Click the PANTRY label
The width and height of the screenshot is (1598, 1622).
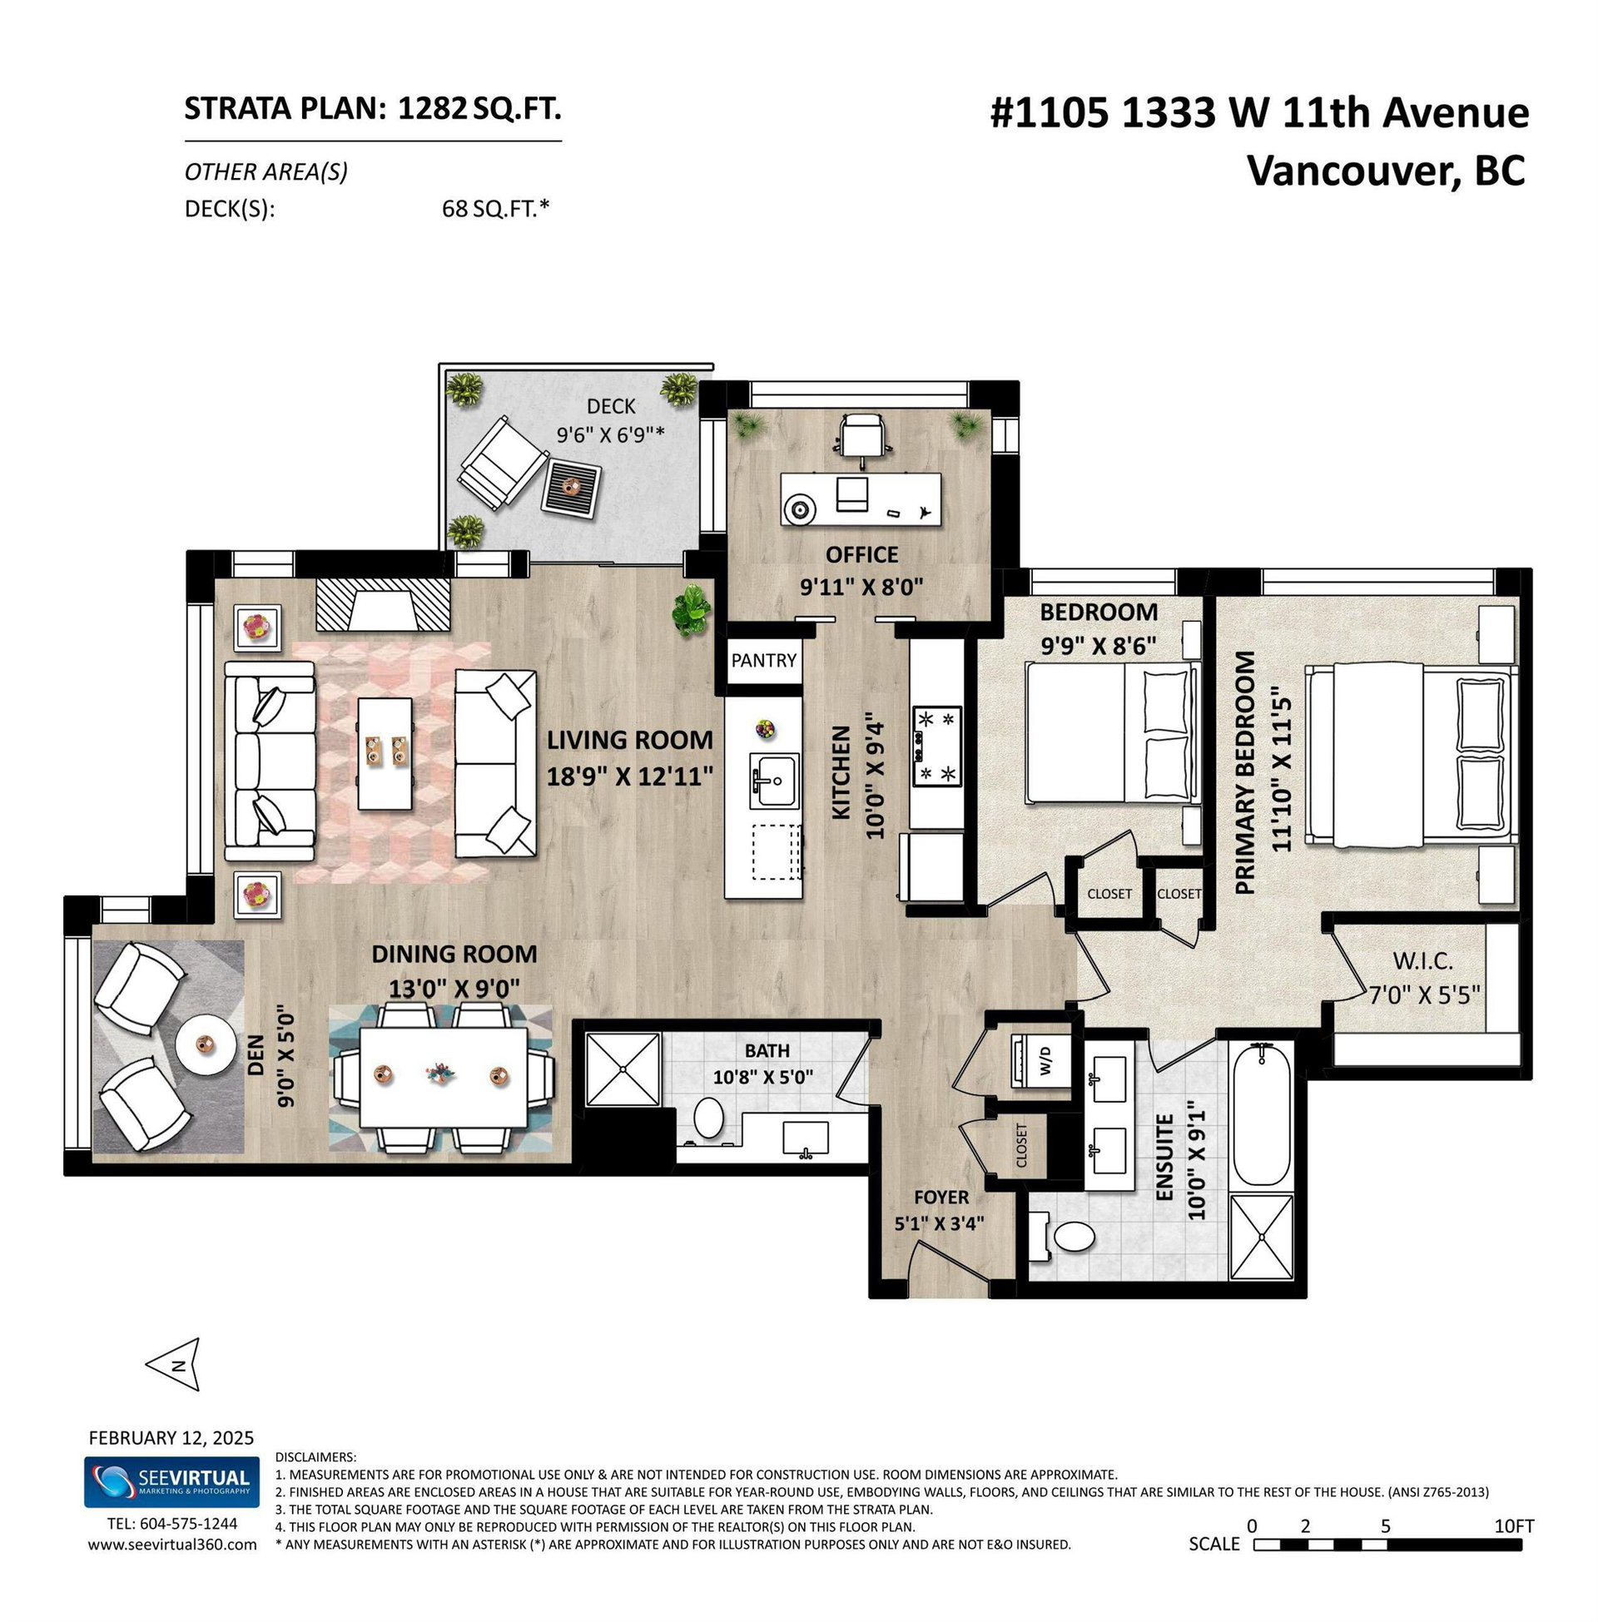coord(763,661)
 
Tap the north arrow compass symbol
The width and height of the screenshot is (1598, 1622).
coord(174,1363)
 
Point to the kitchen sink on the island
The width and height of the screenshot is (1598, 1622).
coord(774,781)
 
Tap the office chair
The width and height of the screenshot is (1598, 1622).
coord(863,436)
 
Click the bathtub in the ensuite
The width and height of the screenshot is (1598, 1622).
coord(1262,1114)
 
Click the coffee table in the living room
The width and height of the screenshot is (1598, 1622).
coord(385,752)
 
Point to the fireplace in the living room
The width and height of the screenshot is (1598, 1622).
coord(384,605)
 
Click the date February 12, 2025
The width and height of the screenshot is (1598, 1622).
coord(171,1438)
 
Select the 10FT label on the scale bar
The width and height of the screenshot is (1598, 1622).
coord(1514,1526)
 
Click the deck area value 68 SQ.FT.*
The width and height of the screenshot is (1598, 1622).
coord(495,208)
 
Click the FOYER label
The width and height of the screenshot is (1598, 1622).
coord(940,1197)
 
